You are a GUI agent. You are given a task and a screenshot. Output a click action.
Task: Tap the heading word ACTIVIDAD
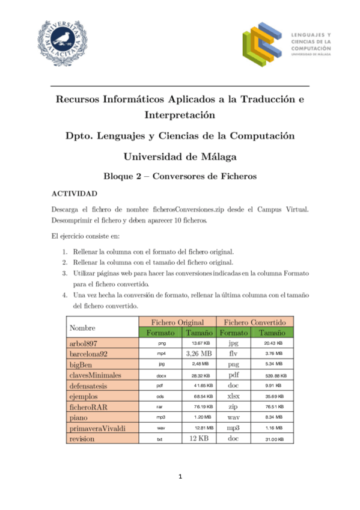[72, 194]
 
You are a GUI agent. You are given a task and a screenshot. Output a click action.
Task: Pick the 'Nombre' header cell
[82, 327]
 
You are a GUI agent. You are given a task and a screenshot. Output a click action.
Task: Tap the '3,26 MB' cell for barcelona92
[198, 354]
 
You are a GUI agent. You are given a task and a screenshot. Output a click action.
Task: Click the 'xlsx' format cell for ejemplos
[234, 396]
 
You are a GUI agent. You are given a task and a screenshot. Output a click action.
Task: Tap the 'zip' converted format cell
[234, 407]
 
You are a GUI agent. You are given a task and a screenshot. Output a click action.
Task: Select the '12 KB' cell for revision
[198, 440]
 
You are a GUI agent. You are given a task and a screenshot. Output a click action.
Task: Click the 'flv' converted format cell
[234, 354]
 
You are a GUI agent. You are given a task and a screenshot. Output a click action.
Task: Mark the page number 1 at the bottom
[180, 478]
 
